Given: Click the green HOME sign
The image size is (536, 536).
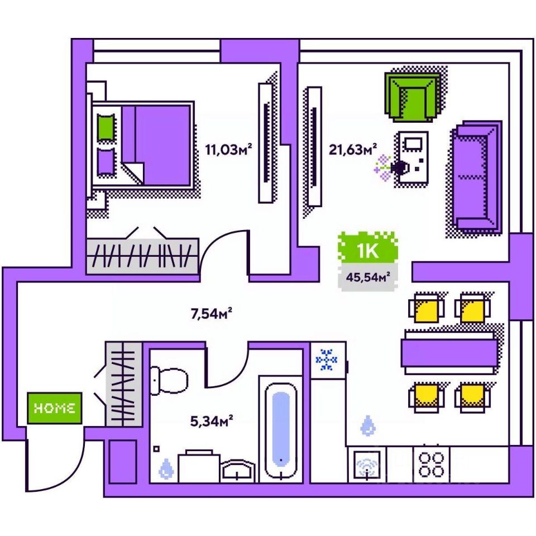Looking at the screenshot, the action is pos(55,408).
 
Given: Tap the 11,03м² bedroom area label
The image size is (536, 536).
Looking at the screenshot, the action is pos(228,150).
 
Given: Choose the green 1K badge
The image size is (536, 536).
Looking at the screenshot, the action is pos(368,251).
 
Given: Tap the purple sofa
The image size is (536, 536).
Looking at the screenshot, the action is pos(476,176).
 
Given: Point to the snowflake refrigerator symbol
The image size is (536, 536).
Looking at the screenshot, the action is pos(327,360).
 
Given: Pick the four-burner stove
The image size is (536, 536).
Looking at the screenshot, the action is pos(432,463).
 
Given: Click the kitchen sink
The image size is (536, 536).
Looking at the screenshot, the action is pos(366,465).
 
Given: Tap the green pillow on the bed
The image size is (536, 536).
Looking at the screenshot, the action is pos(106,127).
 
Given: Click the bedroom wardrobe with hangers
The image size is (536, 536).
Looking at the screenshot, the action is pos(142,256).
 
